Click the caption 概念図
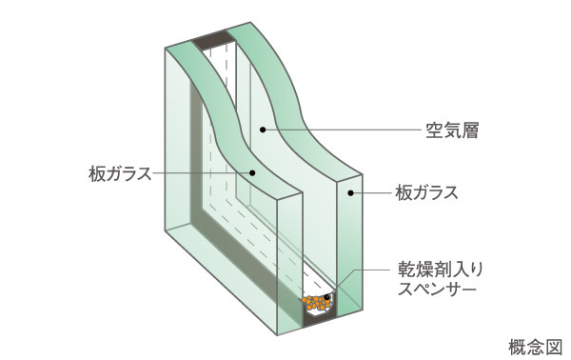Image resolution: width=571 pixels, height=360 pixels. tap(538, 344)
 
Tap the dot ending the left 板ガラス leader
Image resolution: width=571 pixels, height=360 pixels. tap(252, 172)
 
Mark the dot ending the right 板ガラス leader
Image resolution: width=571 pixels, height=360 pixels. tap(349, 193)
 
